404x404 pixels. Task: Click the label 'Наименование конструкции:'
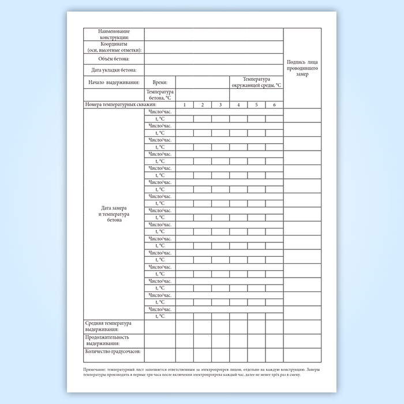point(114,34)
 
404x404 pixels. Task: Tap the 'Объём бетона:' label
point(114,59)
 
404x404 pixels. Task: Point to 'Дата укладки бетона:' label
point(114,70)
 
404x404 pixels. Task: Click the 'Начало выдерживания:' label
point(114,83)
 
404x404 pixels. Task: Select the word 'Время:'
point(159,83)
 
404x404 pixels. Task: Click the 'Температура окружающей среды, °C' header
point(256,82)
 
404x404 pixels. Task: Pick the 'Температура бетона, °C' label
point(160,95)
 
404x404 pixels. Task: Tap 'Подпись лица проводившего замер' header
point(302,68)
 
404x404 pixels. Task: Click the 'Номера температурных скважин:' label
point(121,104)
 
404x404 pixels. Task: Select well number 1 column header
point(184,104)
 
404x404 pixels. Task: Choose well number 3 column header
point(220,104)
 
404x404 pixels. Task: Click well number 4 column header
point(238,104)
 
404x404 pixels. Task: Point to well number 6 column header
point(274,104)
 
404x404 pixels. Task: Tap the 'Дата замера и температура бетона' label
point(114,214)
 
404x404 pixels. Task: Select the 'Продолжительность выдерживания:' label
point(107,340)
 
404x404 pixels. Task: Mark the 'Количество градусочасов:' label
point(113,351)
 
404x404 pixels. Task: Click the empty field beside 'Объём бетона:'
point(214,59)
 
